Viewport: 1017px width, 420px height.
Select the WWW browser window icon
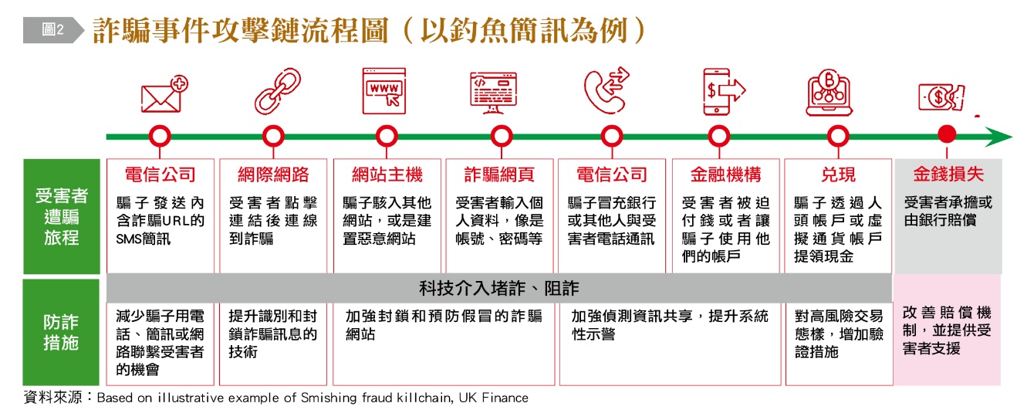[384, 91]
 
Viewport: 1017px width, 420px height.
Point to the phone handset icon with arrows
[606, 91]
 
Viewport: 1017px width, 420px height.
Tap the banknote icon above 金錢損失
[941, 97]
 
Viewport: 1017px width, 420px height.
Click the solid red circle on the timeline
[947, 136]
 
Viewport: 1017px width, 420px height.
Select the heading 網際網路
[275, 175]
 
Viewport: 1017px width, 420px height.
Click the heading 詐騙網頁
[499, 175]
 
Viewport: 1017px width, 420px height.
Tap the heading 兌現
[838, 175]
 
